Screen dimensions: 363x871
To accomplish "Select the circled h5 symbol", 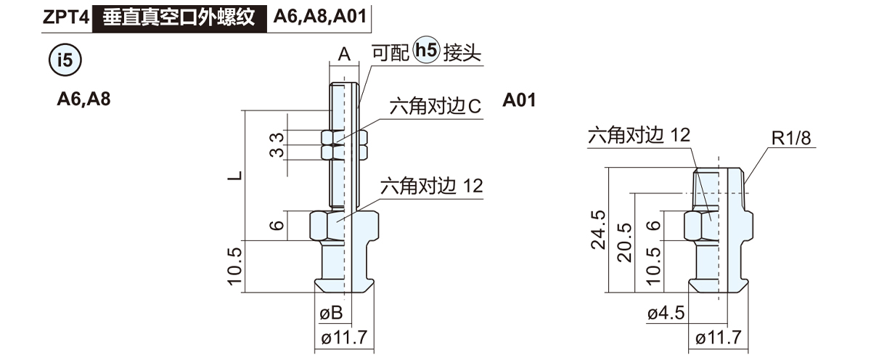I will pyautogui.click(x=426, y=52).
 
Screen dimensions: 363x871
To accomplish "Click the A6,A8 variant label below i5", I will pyautogui.click(x=83, y=99).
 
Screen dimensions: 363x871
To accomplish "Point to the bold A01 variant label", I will pyautogui.click(x=519, y=99).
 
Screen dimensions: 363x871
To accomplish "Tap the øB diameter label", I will pyautogui.click(x=331, y=314).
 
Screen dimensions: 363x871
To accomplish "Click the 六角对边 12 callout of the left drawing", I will pyautogui.click(x=431, y=186).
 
